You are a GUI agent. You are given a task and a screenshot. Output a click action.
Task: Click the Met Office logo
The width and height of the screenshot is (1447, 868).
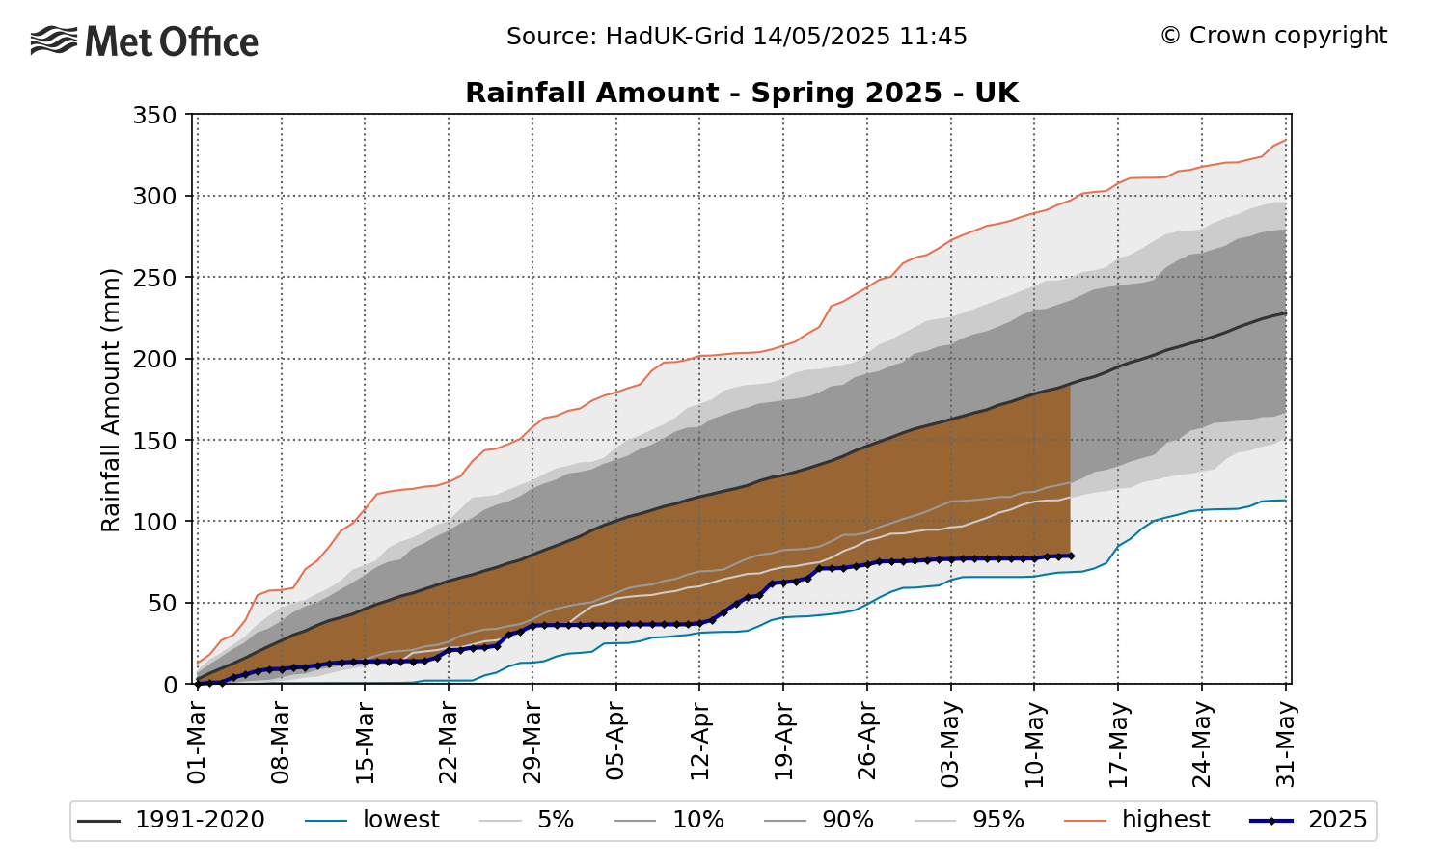pyautogui.click(x=145, y=41)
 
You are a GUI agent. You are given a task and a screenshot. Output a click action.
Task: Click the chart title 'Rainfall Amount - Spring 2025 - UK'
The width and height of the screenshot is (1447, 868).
pyautogui.click(x=741, y=93)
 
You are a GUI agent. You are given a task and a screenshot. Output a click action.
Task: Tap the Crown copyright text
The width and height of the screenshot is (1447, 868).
pyautogui.click(x=1273, y=36)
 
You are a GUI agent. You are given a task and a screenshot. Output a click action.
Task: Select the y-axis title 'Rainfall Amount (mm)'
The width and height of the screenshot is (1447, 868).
pyautogui.click(x=111, y=399)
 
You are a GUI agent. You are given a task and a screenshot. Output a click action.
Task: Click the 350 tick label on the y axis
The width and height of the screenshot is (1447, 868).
pyautogui.click(x=154, y=116)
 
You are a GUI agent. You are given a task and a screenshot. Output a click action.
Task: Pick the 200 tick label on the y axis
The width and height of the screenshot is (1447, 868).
pyautogui.click(x=154, y=360)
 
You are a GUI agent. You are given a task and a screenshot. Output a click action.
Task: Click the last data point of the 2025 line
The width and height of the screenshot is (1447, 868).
pyautogui.click(x=1070, y=556)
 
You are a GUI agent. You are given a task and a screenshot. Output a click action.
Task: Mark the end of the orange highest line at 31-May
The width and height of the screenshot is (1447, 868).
pyautogui.click(x=1285, y=140)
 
